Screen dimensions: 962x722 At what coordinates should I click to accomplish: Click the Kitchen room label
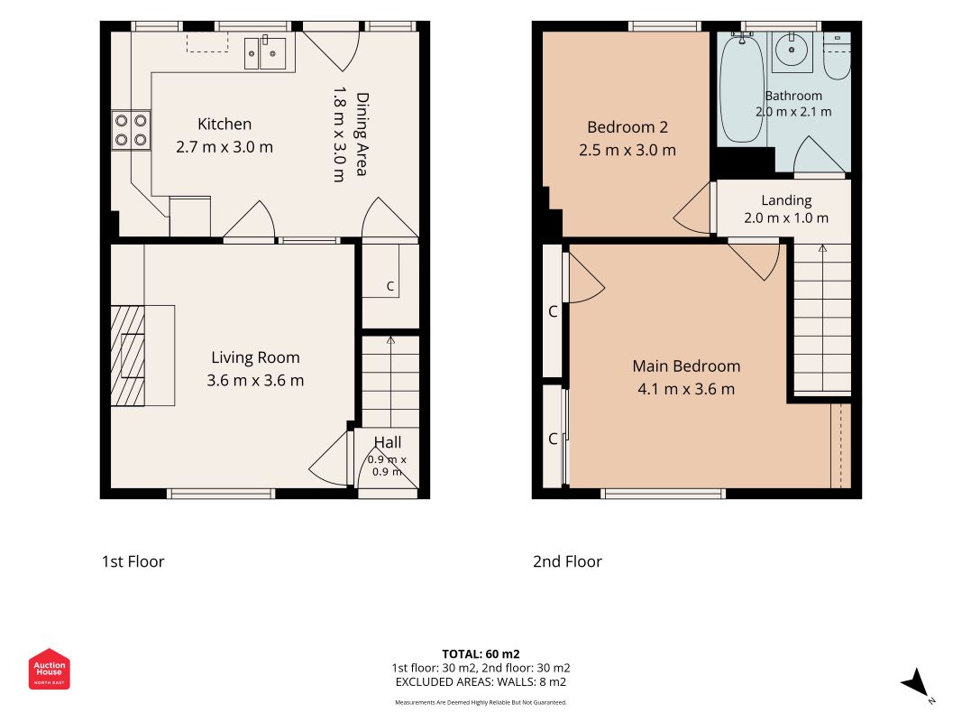224,124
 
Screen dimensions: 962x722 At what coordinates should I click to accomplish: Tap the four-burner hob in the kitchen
131,131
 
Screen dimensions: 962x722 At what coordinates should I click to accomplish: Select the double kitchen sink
265,53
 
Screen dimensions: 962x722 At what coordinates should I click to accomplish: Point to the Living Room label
255,357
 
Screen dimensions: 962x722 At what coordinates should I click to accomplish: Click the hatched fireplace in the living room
128,356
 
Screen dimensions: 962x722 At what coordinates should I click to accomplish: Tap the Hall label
388,442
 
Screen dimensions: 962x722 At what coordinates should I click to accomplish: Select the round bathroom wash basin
793,49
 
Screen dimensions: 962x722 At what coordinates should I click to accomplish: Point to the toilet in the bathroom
837,57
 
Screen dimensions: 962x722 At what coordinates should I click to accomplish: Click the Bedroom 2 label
627,127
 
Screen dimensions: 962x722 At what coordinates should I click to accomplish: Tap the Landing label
786,200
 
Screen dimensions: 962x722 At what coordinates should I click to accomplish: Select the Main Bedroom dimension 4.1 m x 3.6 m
686,389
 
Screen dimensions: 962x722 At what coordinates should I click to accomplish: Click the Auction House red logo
49,669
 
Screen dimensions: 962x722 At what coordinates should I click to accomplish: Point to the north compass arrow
916,682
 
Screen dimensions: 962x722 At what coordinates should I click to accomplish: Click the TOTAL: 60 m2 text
481,653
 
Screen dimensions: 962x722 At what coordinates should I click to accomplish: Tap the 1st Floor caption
133,561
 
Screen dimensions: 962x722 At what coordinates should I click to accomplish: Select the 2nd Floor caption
567,561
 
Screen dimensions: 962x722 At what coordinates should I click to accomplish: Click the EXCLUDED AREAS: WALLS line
481,682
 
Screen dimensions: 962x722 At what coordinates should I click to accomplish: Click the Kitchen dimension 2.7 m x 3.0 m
224,147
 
